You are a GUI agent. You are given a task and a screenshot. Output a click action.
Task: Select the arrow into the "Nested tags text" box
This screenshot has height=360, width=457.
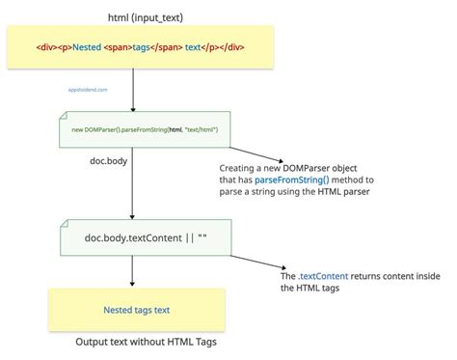coord(132,272)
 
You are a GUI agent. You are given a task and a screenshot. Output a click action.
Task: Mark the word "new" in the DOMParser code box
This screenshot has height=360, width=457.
coord(79,129)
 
